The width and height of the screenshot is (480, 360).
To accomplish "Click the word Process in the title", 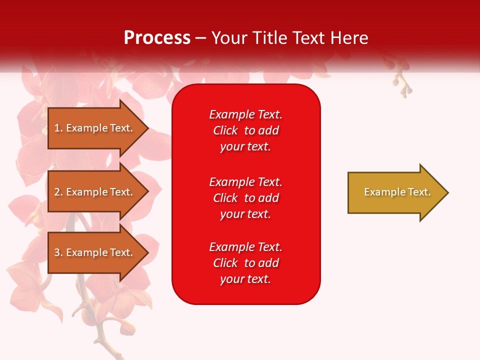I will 157,38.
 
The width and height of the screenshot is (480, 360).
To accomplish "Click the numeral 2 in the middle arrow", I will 57,192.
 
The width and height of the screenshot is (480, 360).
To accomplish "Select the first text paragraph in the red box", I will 245,130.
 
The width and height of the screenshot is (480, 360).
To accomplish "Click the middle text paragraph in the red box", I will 245,198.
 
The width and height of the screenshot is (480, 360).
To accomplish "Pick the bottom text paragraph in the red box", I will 245,263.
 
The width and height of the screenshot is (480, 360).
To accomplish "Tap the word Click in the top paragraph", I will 225,130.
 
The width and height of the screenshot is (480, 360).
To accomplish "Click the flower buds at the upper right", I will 403,82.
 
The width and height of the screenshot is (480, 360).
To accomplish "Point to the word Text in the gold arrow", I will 419,192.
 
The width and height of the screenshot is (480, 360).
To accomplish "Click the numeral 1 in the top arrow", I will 57,128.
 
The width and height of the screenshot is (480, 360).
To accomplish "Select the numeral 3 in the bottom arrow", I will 57,252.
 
